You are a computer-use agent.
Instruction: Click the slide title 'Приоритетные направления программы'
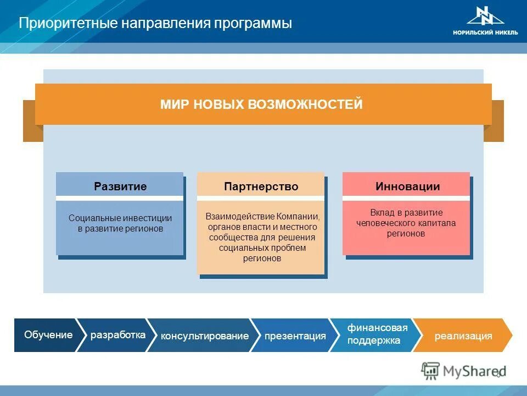[x=155, y=24]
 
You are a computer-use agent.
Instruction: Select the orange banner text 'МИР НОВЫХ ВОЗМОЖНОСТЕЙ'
[x=261, y=105]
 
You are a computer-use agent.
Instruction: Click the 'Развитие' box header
[x=120, y=186]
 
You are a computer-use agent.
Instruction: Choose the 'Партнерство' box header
[x=261, y=186]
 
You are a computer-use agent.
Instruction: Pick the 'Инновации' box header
[x=407, y=186]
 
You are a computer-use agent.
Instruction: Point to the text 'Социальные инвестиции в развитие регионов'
[x=120, y=223]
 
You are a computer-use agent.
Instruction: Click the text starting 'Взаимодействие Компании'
[x=261, y=237]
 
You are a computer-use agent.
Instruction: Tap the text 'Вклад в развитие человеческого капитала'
[x=406, y=223]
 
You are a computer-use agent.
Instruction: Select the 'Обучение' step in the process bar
[x=48, y=335]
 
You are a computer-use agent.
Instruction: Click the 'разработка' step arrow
[x=117, y=335]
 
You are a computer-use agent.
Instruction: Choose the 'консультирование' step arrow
[x=204, y=335]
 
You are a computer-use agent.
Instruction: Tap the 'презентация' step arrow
[x=295, y=335]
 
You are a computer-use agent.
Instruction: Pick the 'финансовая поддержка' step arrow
[x=377, y=334]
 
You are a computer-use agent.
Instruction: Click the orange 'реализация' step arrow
[x=463, y=335]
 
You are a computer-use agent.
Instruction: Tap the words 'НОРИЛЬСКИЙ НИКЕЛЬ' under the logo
[x=485, y=32]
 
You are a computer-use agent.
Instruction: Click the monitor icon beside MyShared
[x=430, y=371]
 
